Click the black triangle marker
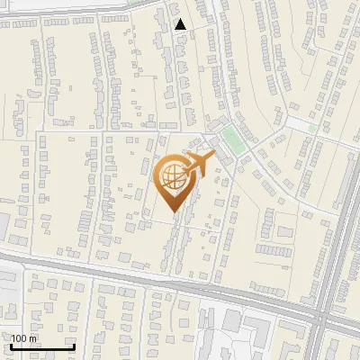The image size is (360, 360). click(x=181, y=24)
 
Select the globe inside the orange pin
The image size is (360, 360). click(x=171, y=175)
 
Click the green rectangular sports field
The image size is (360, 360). click(x=232, y=139)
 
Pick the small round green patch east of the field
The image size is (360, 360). click(x=312, y=128)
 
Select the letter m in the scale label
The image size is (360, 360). click(x=33, y=338)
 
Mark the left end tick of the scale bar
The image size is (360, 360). click(x=10, y=345)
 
